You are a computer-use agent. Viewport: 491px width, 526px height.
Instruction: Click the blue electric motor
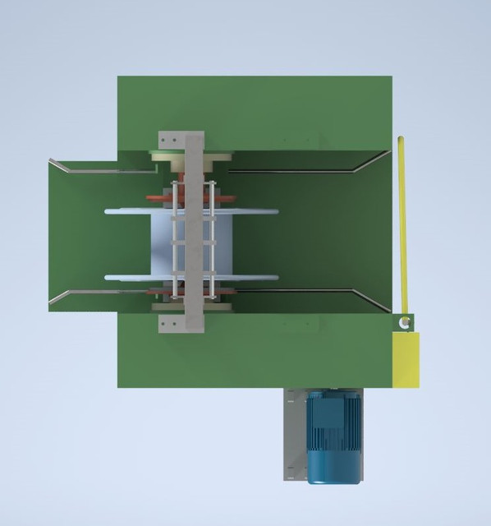coord(333,437)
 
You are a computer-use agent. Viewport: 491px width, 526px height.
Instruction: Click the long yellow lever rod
coord(402,222)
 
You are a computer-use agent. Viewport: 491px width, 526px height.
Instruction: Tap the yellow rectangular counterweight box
coord(406,358)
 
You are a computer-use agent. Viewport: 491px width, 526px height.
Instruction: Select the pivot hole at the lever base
coord(403,323)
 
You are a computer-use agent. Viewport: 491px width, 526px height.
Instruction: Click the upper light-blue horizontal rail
coord(131,212)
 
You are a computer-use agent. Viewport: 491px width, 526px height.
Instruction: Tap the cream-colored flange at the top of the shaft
coord(168,156)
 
